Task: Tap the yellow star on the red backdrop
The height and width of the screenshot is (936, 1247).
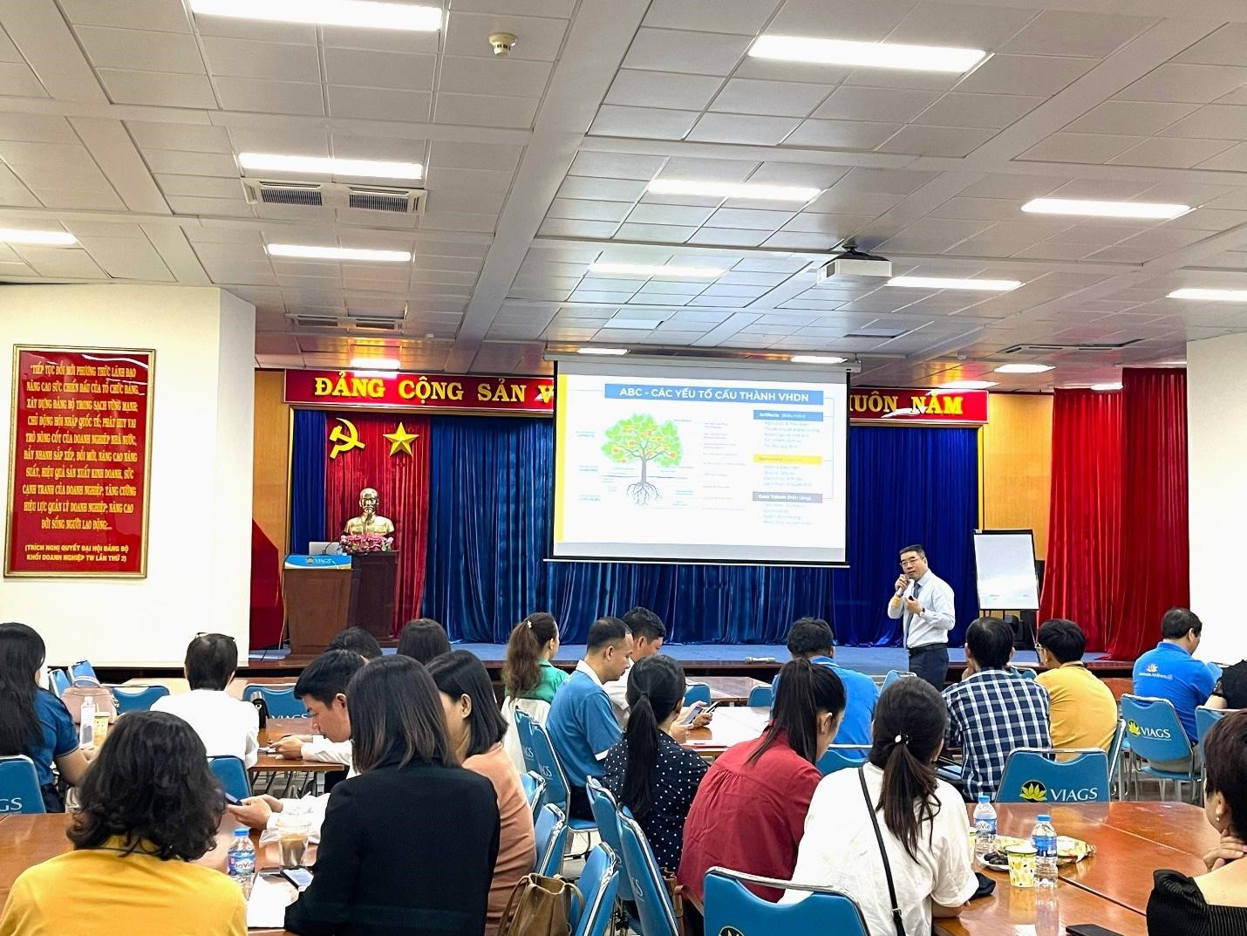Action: (400, 438)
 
